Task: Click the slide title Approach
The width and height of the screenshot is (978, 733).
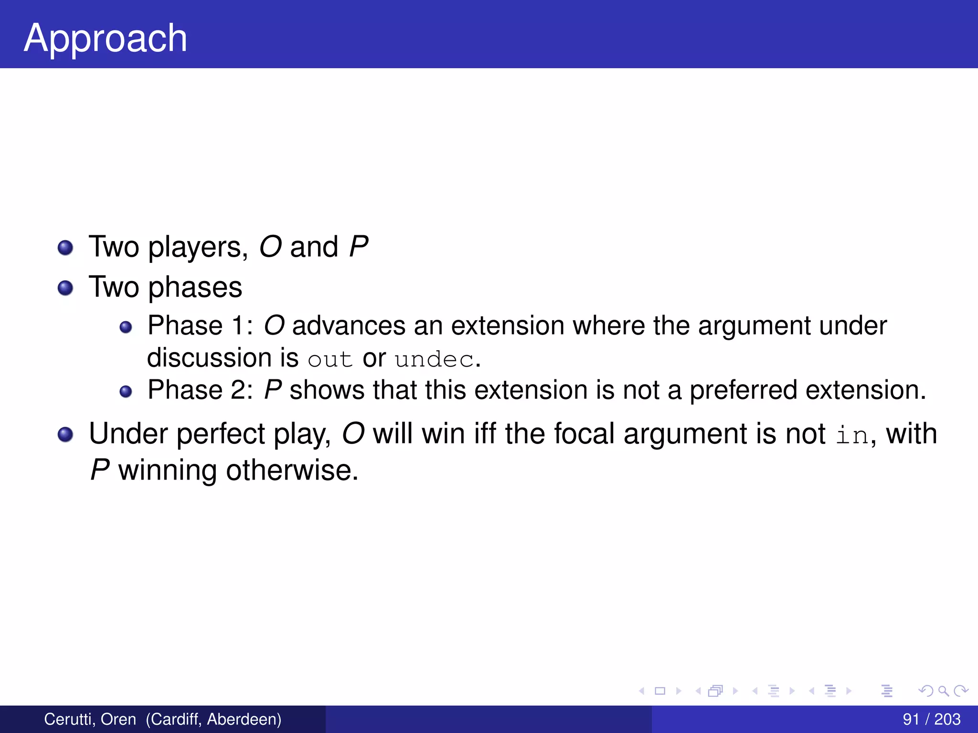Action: click(x=105, y=38)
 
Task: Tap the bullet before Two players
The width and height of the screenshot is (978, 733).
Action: click(x=65, y=248)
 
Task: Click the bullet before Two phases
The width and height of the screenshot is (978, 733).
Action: click(x=65, y=288)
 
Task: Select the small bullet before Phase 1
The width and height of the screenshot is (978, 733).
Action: click(x=126, y=327)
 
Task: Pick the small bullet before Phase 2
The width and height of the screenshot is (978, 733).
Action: click(x=126, y=391)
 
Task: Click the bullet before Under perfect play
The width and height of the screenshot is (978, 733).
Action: click(x=65, y=434)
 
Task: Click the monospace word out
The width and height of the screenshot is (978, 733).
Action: click(x=330, y=359)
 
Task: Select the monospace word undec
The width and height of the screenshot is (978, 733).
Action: click(x=434, y=359)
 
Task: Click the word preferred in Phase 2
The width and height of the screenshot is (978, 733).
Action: click(x=743, y=390)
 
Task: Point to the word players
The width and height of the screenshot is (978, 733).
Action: click(x=197, y=248)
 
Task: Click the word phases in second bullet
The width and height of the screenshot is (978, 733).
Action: click(x=195, y=288)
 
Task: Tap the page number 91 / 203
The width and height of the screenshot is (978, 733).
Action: click(x=931, y=719)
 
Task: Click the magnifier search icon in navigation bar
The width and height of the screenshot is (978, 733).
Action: click(x=943, y=691)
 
